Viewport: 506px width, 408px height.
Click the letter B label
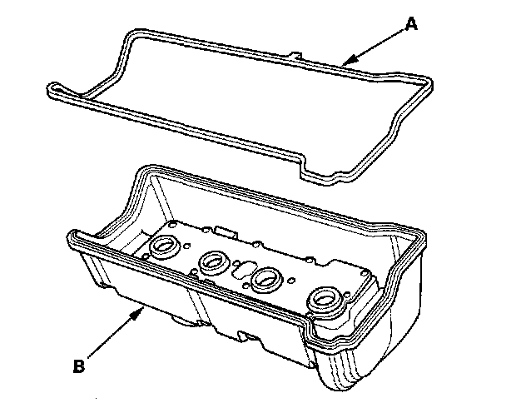pyautogui.click(x=79, y=364)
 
